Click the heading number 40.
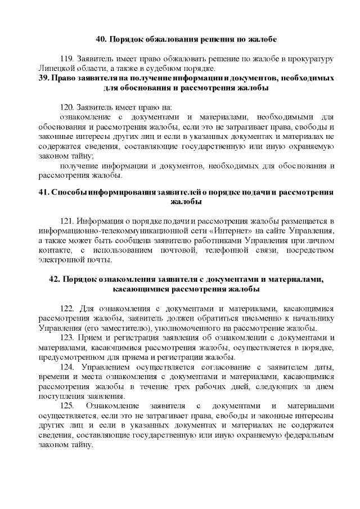(101, 39)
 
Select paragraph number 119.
(67, 59)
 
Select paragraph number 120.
(67, 106)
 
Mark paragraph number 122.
(67, 308)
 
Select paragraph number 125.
(67, 406)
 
